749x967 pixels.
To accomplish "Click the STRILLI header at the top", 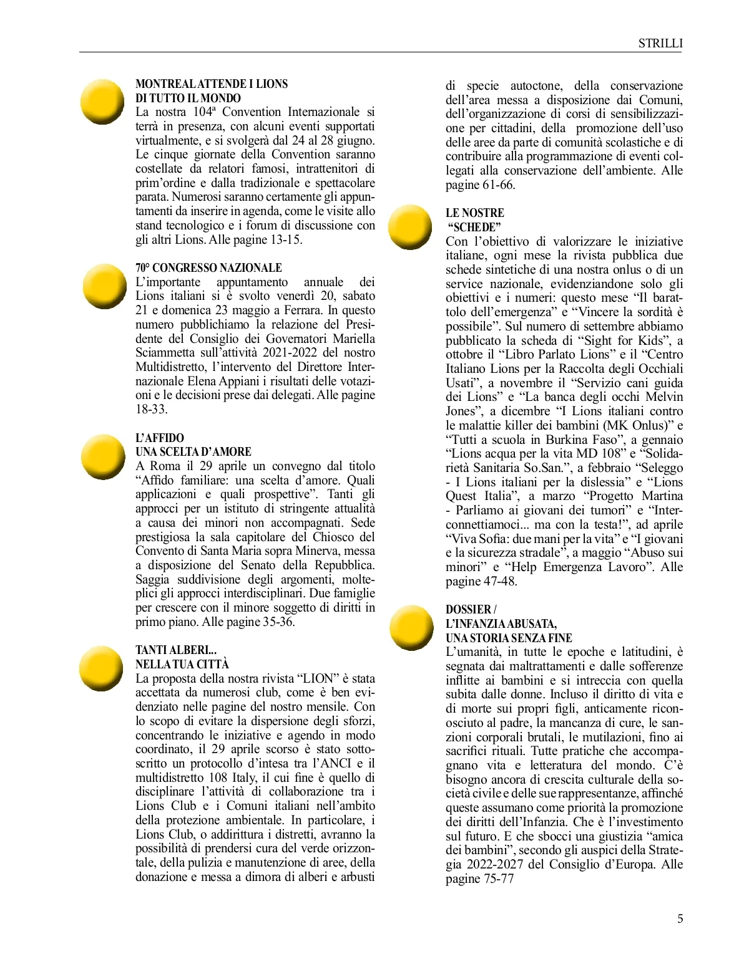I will coord(660,43).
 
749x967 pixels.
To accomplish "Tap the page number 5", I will coord(680,918).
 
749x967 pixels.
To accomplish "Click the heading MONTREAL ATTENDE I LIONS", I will coord(212,84).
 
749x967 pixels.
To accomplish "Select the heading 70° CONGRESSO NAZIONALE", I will coord(208,267).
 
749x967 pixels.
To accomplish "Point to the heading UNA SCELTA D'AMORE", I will coord(193,451).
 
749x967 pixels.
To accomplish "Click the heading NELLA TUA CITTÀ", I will coord(182,664).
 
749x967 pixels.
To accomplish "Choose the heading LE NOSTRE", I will coord(474,213).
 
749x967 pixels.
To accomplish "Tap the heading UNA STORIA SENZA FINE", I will coord(509,638).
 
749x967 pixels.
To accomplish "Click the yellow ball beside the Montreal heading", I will coord(104,102).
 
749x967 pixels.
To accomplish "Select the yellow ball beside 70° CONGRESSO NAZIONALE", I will coord(104,286).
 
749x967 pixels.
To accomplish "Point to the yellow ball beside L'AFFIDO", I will coord(104,457).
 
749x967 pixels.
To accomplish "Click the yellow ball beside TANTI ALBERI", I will coord(104,668).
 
